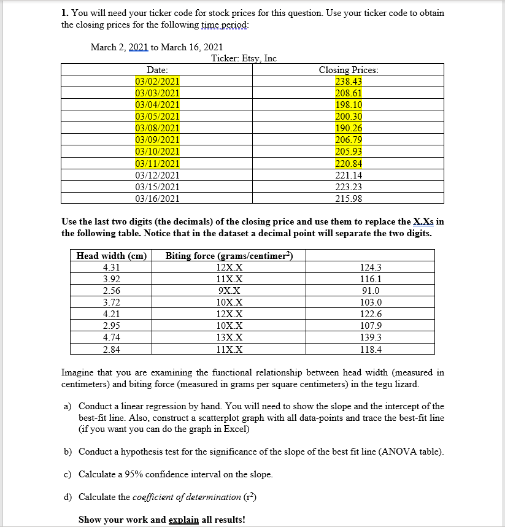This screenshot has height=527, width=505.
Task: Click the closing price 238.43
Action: pos(349,82)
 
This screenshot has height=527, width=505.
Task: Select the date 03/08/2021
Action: pos(157,128)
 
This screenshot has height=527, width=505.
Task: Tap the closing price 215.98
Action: pos(349,198)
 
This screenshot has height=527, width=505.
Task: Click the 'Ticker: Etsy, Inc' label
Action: pos(244,58)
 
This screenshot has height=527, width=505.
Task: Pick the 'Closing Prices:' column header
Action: pos(349,70)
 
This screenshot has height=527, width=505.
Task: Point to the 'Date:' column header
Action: pos(157,70)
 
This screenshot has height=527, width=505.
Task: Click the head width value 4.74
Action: pos(112,337)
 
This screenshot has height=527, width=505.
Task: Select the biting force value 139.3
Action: pos(371,337)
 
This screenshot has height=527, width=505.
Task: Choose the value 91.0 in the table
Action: pos(371,291)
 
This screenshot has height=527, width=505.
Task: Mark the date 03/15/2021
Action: pos(157,187)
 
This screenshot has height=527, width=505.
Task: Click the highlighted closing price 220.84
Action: pos(349,163)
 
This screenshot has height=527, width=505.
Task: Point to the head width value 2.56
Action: pos(112,291)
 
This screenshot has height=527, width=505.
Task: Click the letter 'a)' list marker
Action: pos(67,406)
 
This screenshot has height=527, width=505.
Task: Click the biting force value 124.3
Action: pos(371,267)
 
